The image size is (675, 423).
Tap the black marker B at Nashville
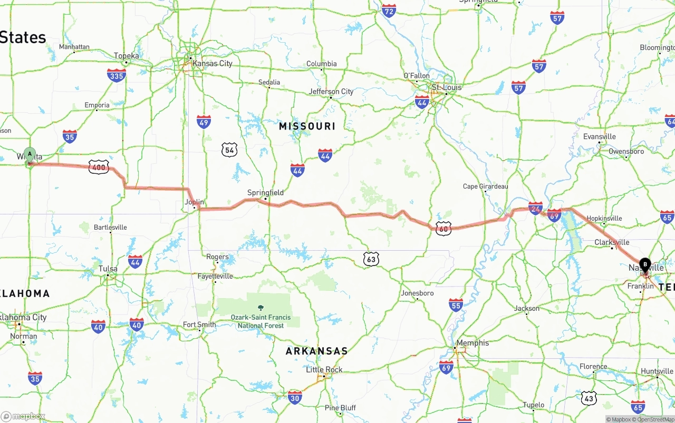click(645, 264)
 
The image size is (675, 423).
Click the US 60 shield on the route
click(443, 228)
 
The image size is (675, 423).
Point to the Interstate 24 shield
click(535, 208)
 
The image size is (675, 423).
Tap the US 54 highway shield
click(229, 150)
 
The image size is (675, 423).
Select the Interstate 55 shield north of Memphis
click(456, 304)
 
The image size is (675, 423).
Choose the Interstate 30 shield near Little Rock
click(295, 397)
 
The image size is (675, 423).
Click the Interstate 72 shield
click(389, 10)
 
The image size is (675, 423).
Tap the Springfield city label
click(265, 193)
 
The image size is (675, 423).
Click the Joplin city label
click(194, 202)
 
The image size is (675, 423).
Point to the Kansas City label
click(212, 63)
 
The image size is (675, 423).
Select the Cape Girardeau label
click(485, 186)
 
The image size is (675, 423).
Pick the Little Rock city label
click(324, 369)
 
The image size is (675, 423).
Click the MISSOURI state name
click(307, 126)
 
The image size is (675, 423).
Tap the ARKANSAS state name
click(316, 351)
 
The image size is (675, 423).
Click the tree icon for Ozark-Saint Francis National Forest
click(260, 307)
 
